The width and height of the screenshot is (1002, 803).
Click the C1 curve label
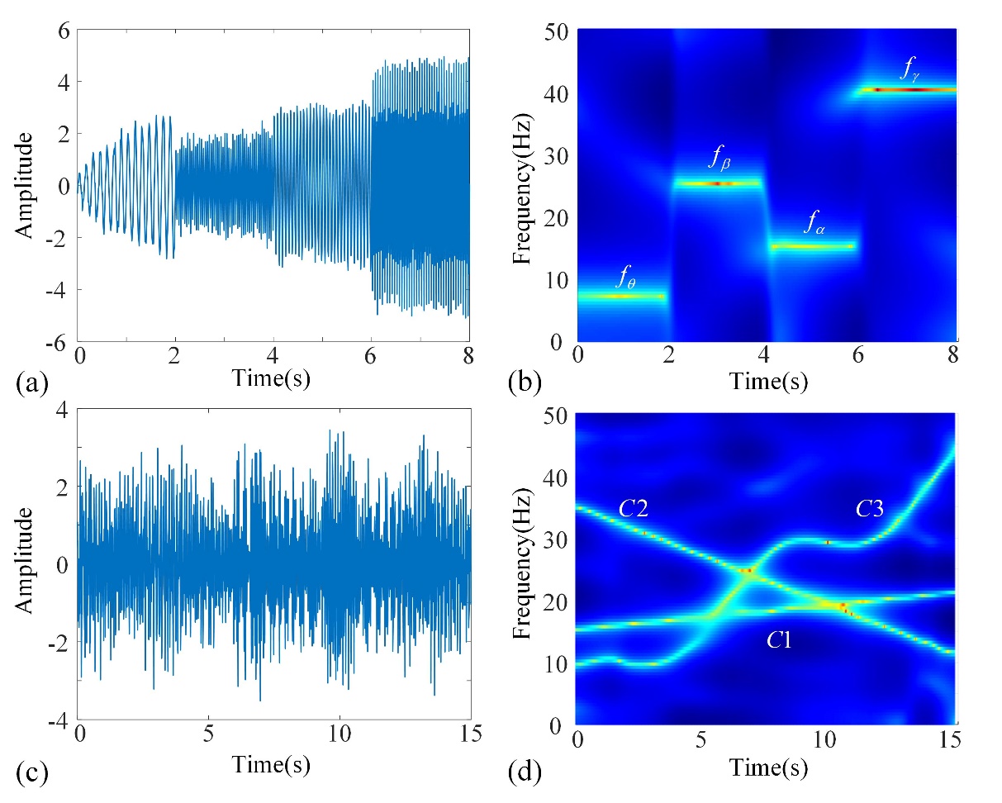pos(777,638)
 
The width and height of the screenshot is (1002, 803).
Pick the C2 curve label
pos(633,510)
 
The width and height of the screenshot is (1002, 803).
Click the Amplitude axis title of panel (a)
pos(26,185)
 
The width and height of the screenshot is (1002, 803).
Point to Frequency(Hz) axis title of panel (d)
pos(520,569)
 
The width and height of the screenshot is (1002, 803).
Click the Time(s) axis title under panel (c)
pos(272,764)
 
